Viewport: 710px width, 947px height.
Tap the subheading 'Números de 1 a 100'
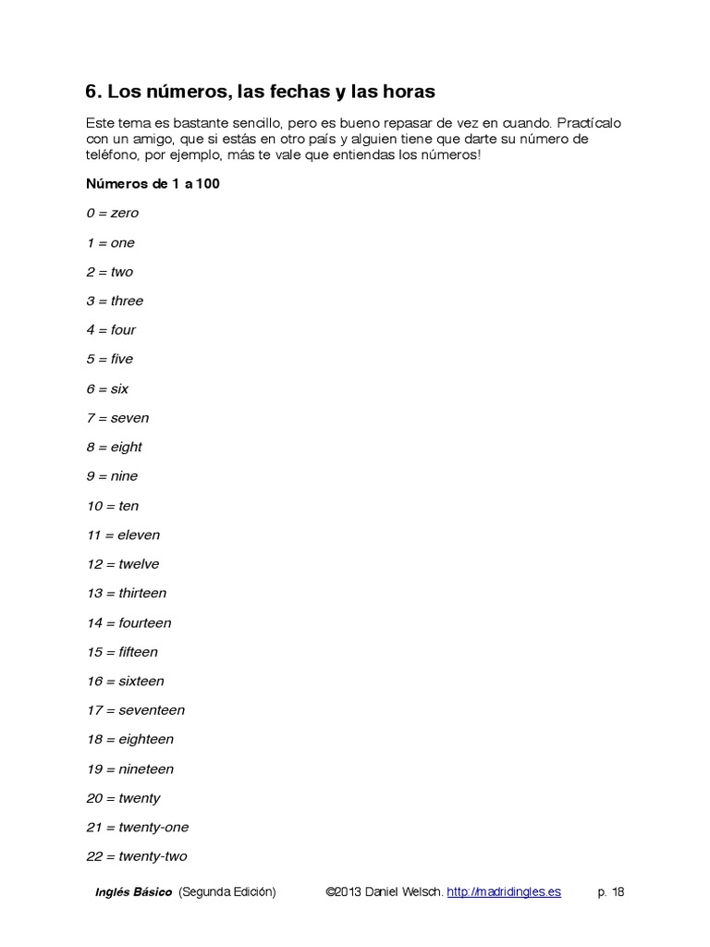(x=153, y=183)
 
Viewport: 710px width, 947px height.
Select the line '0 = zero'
(x=112, y=213)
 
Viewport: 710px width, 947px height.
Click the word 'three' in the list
(x=127, y=301)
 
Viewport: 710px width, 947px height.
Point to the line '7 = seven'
(x=117, y=418)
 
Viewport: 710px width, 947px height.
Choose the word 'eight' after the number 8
(x=126, y=448)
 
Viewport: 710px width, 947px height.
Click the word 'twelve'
(x=139, y=564)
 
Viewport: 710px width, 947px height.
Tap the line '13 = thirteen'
(x=127, y=594)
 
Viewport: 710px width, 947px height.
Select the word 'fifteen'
(x=138, y=652)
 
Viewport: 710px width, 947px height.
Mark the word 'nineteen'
(x=146, y=769)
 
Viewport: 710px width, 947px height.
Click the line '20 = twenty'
(x=123, y=798)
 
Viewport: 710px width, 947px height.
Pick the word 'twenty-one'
(x=153, y=828)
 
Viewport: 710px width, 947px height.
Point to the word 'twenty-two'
(x=153, y=857)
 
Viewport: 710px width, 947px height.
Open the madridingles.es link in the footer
(x=504, y=892)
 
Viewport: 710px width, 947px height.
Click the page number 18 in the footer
(x=618, y=892)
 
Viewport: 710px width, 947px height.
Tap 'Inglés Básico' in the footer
(x=133, y=892)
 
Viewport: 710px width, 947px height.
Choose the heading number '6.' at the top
(x=93, y=92)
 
